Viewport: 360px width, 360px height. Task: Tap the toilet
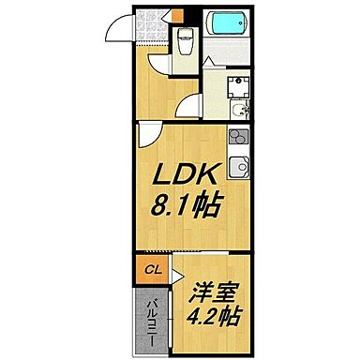pos(185,40)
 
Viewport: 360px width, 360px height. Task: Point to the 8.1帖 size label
pos(188,204)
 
